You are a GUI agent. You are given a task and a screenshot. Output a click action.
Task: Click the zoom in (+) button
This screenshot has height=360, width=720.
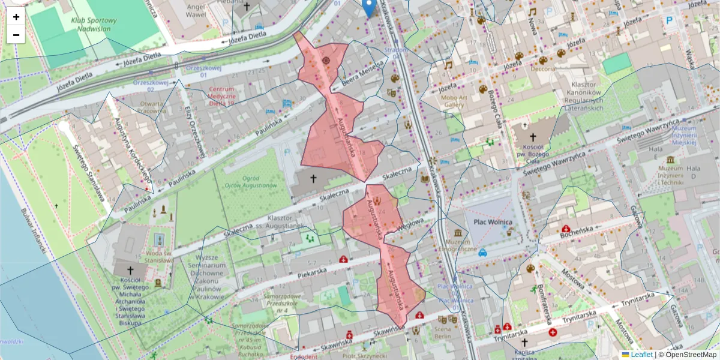tap(16, 17)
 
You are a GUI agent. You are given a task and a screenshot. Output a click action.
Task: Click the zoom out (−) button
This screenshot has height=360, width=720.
tap(16, 35)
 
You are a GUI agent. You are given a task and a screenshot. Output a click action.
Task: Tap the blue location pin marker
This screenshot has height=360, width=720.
tap(370, 8)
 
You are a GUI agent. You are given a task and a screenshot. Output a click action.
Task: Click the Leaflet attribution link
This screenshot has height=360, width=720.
tap(641, 355)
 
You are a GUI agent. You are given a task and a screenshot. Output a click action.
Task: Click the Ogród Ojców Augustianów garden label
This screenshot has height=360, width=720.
tap(254, 182)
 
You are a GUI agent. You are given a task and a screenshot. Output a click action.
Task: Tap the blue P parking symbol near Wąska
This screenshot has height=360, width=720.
tap(670, 20)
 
